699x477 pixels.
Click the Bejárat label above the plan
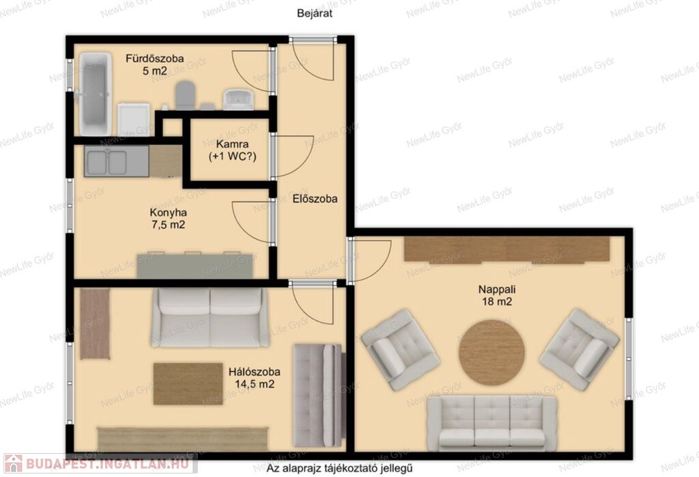[315, 14]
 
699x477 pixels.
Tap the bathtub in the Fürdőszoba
[95, 94]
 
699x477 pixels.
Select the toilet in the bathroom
[185, 95]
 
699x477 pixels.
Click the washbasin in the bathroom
[238, 99]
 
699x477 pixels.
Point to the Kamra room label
[232, 150]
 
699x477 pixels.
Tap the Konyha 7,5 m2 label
[168, 219]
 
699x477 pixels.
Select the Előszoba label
[315, 199]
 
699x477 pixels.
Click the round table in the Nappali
[491, 352]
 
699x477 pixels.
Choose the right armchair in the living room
[580, 349]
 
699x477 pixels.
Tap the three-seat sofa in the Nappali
[492, 422]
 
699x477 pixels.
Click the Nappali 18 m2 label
[497, 295]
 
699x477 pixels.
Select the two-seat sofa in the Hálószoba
[210, 317]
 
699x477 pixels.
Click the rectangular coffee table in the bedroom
[188, 384]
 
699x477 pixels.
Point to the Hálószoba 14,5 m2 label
[255, 378]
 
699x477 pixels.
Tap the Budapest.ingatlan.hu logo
[100, 463]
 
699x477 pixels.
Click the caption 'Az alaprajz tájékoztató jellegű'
[340, 469]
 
